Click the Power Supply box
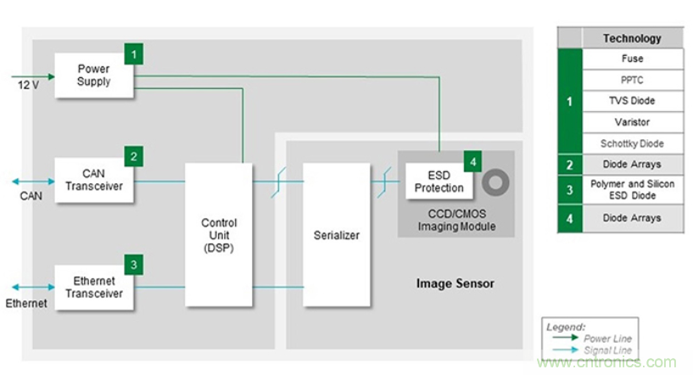coord(93,75)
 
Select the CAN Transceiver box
coord(93,180)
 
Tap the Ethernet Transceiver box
coord(93,288)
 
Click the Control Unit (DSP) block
coord(219,235)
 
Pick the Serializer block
coord(337,235)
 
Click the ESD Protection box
coord(439,181)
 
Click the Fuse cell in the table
coord(632,59)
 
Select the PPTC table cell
coord(632,80)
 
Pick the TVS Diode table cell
coord(632,101)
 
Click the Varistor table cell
coord(632,122)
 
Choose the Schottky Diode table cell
coord(632,143)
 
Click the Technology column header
coord(632,38)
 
